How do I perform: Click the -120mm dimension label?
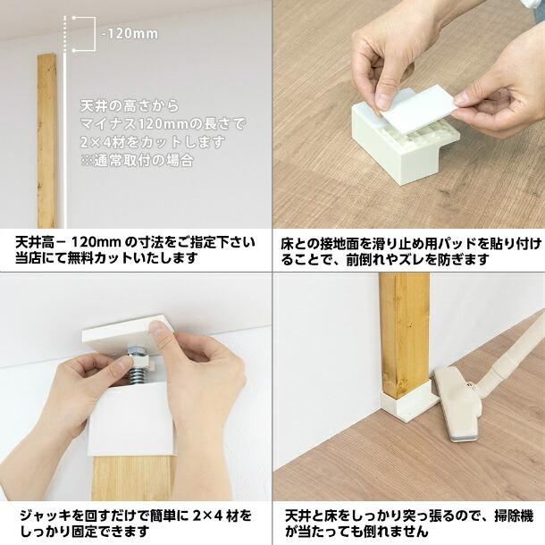pyautogui.click(x=131, y=34)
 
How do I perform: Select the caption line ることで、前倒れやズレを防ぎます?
pyautogui.click(x=385, y=259)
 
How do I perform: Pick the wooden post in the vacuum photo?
pyautogui.click(x=404, y=331)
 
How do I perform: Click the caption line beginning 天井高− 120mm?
pyautogui.click(x=134, y=242)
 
